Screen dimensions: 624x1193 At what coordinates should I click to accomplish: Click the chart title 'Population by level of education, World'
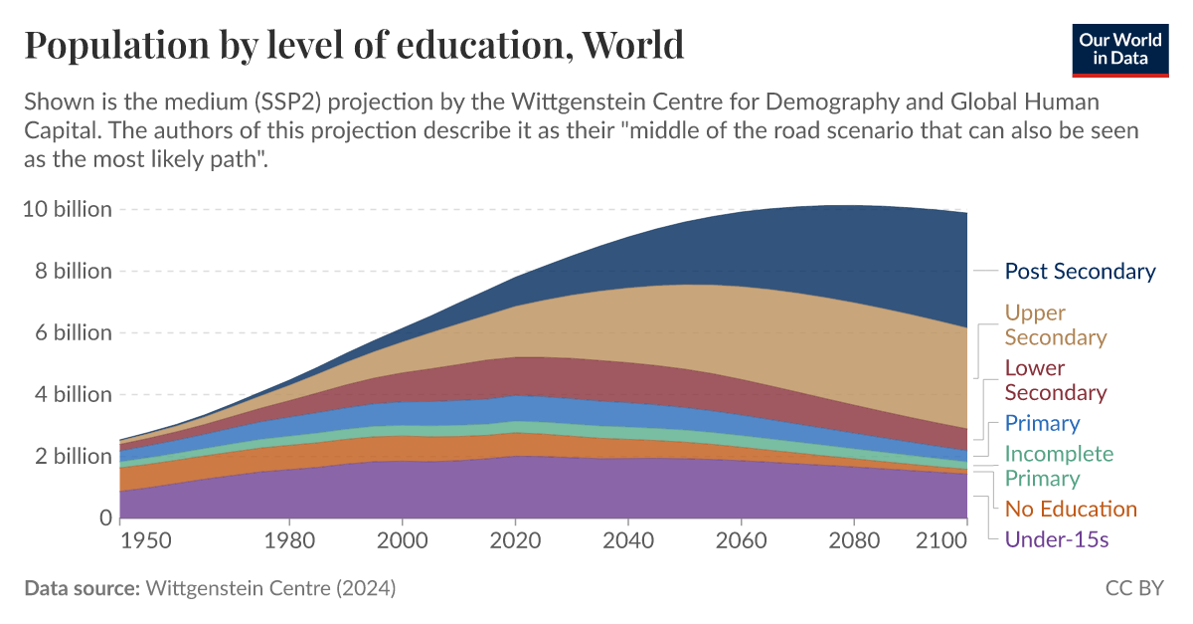click(354, 45)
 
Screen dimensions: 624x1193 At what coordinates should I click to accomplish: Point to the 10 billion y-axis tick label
click(67, 210)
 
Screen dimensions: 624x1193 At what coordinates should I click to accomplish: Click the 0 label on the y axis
click(104, 518)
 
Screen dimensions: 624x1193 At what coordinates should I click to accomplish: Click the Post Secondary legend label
click(1080, 272)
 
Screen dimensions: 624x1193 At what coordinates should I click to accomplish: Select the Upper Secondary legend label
click(1055, 325)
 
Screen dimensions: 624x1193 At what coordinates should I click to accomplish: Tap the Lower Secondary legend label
click(1055, 380)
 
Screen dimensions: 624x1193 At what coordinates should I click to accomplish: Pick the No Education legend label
click(1070, 510)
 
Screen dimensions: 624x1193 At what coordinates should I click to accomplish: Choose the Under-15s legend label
click(1056, 540)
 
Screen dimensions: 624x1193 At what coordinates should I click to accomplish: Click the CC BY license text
click(1133, 588)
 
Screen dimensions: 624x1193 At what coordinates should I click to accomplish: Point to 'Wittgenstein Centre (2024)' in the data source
click(270, 588)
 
